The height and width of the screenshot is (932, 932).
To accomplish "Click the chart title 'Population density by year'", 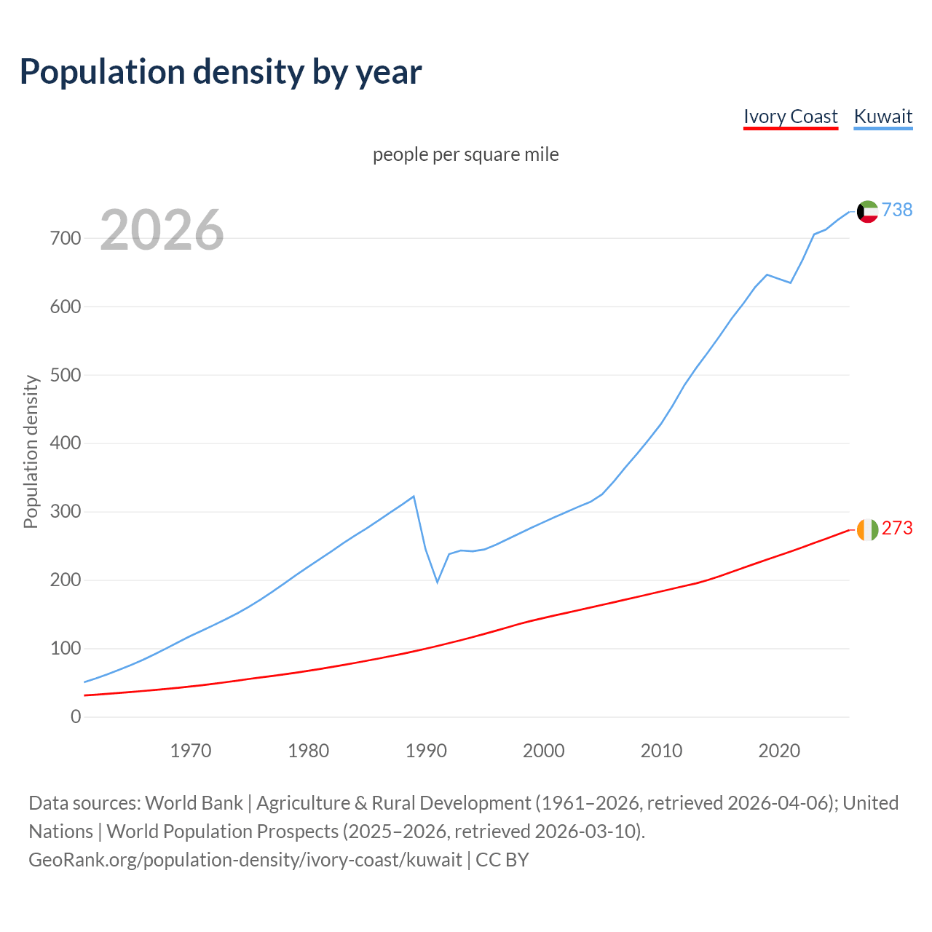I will (221, 71).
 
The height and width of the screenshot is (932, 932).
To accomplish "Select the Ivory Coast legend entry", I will (790, 116).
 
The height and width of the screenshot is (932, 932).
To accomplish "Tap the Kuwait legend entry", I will (882, 116).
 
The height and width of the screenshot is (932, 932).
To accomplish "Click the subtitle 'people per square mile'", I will (465, 154).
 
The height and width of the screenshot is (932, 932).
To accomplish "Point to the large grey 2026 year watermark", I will (162, 230).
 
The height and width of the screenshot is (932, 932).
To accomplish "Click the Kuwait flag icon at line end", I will (867, 211).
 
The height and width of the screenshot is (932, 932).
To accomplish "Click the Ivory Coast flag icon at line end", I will (867, 529).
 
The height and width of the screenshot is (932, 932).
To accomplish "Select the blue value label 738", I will (897, 210).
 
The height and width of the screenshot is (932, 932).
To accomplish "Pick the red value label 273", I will (897, 528).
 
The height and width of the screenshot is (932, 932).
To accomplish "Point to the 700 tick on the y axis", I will (66, 238).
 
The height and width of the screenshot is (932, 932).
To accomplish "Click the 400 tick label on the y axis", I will (66, 443).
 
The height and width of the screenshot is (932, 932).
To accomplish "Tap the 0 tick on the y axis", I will (76, 717).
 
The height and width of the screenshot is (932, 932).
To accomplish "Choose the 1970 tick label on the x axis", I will (191, 751).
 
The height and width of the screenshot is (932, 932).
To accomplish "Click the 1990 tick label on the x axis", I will (426, 751).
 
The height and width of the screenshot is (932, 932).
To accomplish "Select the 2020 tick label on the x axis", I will (779, 751).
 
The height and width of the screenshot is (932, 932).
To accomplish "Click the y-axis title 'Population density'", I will (31, 451).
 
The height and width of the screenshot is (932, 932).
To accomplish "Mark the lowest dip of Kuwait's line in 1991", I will (438, 582).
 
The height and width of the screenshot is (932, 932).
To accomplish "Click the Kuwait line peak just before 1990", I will (414, 497).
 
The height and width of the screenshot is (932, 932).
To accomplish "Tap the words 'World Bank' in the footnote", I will (194, 803).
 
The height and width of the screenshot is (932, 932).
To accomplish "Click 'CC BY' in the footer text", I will (502, 860).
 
